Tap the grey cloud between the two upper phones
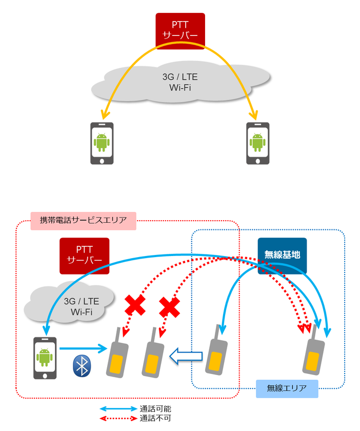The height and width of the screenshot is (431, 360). click(179, 83)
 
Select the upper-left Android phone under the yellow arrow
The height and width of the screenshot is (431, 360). click(102, 143)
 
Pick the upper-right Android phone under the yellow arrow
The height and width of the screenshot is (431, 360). click(258, 143)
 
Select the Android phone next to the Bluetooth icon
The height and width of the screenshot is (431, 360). click(45, 358)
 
